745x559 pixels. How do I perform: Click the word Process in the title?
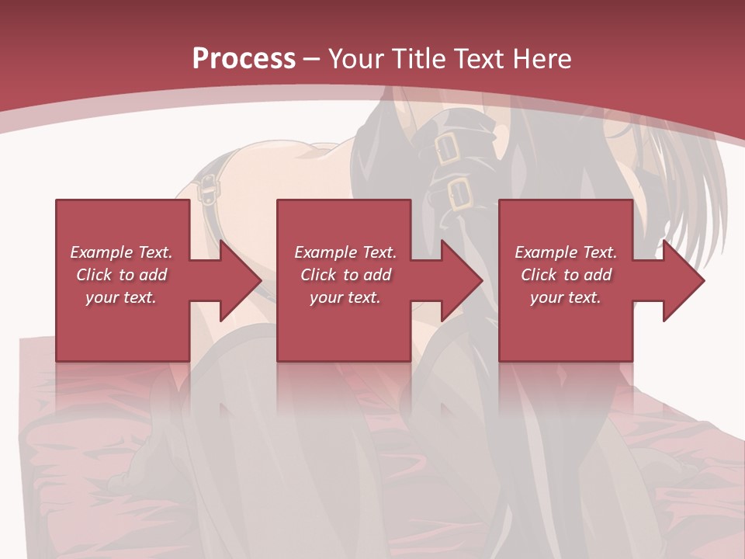(244, 59)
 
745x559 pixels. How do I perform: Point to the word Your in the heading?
(356, 59)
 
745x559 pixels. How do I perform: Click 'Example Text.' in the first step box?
(121, 252)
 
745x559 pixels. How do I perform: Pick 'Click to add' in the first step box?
(121, 275)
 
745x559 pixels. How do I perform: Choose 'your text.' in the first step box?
(121, 297)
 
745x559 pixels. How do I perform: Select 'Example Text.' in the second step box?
(345, 252)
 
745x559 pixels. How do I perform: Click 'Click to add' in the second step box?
(345, 275)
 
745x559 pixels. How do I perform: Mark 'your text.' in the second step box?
(345, 297)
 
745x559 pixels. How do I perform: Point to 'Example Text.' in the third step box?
(566, 252)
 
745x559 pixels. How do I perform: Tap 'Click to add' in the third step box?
(566, 275)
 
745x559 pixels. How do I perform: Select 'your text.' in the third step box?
(566, 297)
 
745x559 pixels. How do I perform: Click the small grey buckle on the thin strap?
(207, 187)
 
